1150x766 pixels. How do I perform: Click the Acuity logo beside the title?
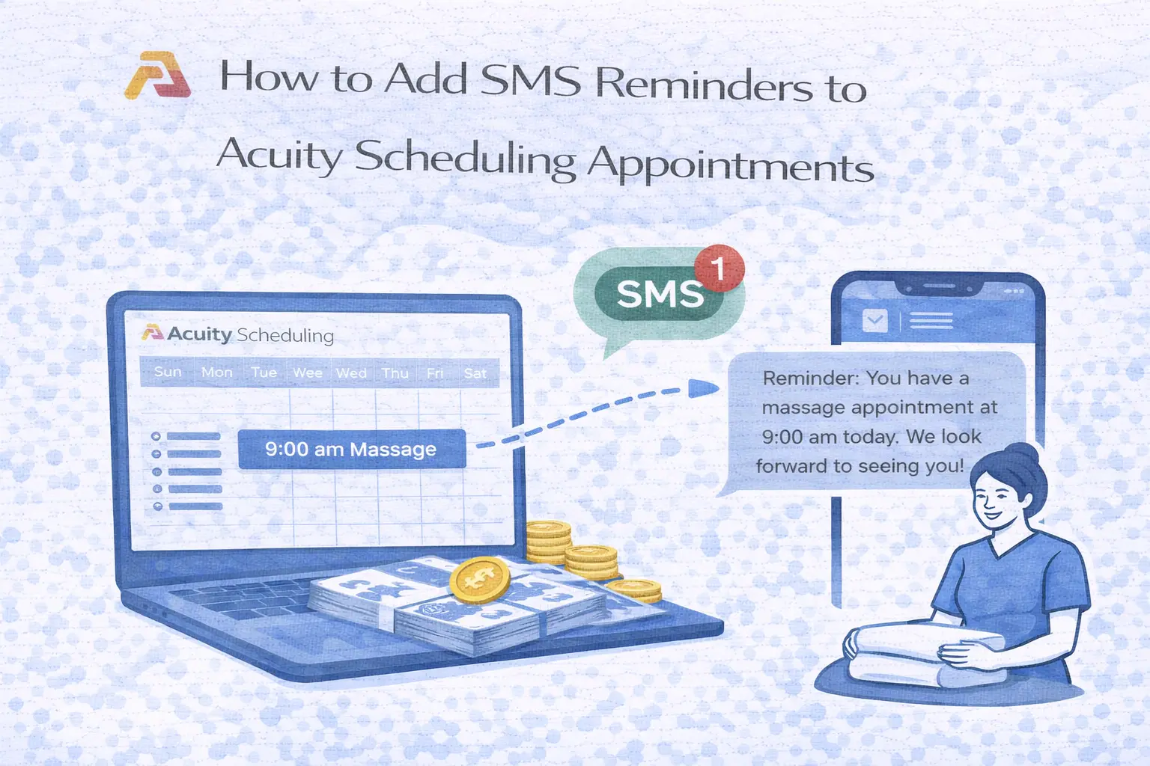pyautogui.click(x=157, y=76)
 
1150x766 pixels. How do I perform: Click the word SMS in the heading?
pyautogui.click(x=530, y=81)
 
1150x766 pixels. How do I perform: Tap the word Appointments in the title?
pyautogui.click(x=731, y=163)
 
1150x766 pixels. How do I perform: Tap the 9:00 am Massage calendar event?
pyautogui.click(x=351, y=449)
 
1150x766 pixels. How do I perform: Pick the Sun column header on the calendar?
pyautogui.click(x=168, y=372)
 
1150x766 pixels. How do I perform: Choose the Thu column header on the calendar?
pyautogui.click(x=395, y=373)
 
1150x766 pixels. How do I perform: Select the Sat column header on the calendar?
pyautogui.click(x=475, y=373)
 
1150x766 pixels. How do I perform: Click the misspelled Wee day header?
pyautogui.click(x=307, y=373)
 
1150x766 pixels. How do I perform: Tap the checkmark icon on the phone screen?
pyautogui.click(x=874, y=321)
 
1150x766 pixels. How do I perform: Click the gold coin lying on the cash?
pyautogui.click(x=479, y=580)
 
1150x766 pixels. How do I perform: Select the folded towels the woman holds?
pyautogui.click(x=925, y=655)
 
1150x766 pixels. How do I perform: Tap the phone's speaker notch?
pyautogui.click(x=938, y=287)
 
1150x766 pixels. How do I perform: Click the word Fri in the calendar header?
pyautogui.click(x=435, y=373)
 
